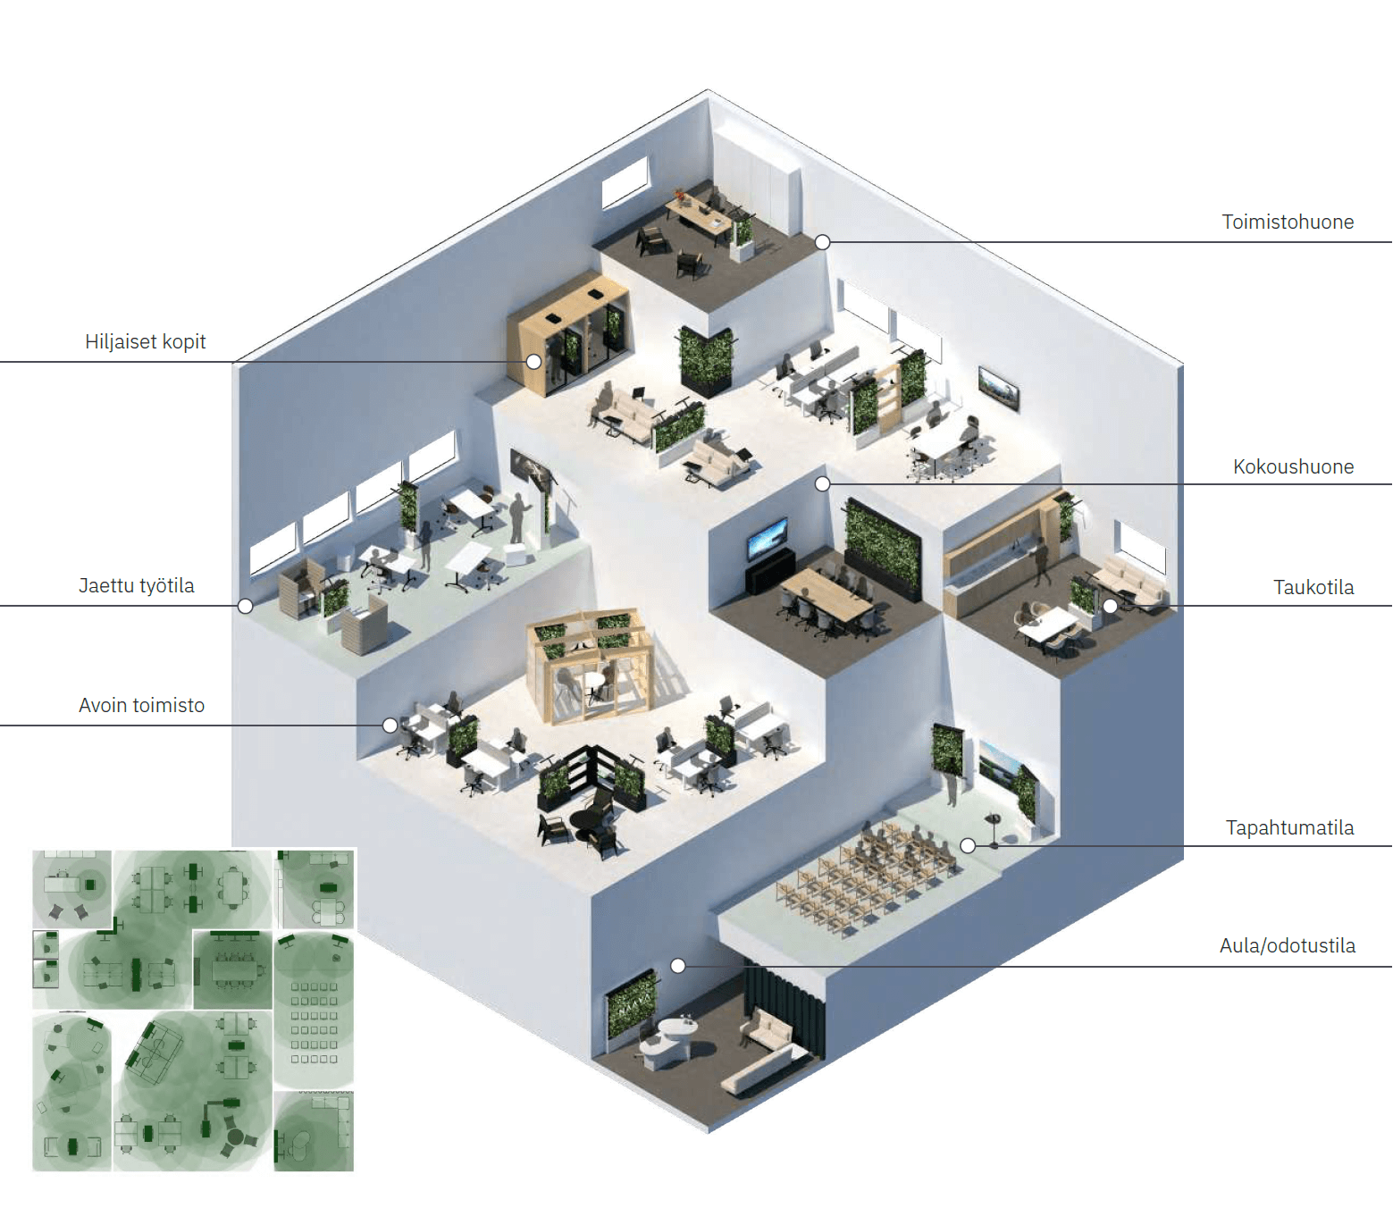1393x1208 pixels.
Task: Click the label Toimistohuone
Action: [1287, 222]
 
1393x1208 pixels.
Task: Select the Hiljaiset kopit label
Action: [145, 341]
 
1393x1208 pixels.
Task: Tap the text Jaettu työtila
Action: [136, 585]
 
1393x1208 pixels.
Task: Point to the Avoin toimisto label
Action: [141, 705]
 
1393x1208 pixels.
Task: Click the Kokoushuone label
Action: [1293, 467]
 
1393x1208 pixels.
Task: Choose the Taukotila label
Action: [1313, 587]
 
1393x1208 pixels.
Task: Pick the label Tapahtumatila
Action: [1289, 827]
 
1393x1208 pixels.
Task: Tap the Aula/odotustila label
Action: [1287, 945]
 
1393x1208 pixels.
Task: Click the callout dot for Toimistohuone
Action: [822, 241]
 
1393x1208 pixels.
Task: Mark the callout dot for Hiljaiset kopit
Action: [534, 361]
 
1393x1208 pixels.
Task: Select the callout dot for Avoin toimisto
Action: [390, 726]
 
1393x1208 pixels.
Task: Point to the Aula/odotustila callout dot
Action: [677, 966]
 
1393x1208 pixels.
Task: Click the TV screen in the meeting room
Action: [767, 538]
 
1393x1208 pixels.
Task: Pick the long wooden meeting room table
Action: [826, 592]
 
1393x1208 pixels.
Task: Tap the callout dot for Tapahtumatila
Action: [969, 846]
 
